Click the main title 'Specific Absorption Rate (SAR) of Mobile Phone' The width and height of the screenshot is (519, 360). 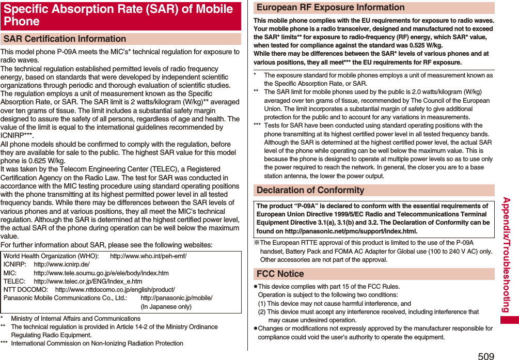(x=119, y=15)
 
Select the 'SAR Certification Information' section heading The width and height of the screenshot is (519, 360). (x=65, y=39)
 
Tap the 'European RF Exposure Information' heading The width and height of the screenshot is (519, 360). (x=331, y=7)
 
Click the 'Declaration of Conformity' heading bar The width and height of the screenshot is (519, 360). (x=310, y=190)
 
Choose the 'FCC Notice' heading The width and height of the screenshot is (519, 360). (x=280, y=274)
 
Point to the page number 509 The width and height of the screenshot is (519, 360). (x=485, y=355)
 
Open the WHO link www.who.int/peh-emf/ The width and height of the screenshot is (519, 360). (x=148, y=256)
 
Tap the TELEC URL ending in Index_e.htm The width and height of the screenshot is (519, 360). (x=88, y=281)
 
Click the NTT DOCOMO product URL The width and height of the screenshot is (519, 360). (x=115, y=290)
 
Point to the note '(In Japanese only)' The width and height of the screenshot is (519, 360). (x=166, y=307)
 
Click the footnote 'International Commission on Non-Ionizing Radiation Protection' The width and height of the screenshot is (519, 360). (x=97, y=343)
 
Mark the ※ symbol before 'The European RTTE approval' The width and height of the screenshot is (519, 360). (x=257, y=243)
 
